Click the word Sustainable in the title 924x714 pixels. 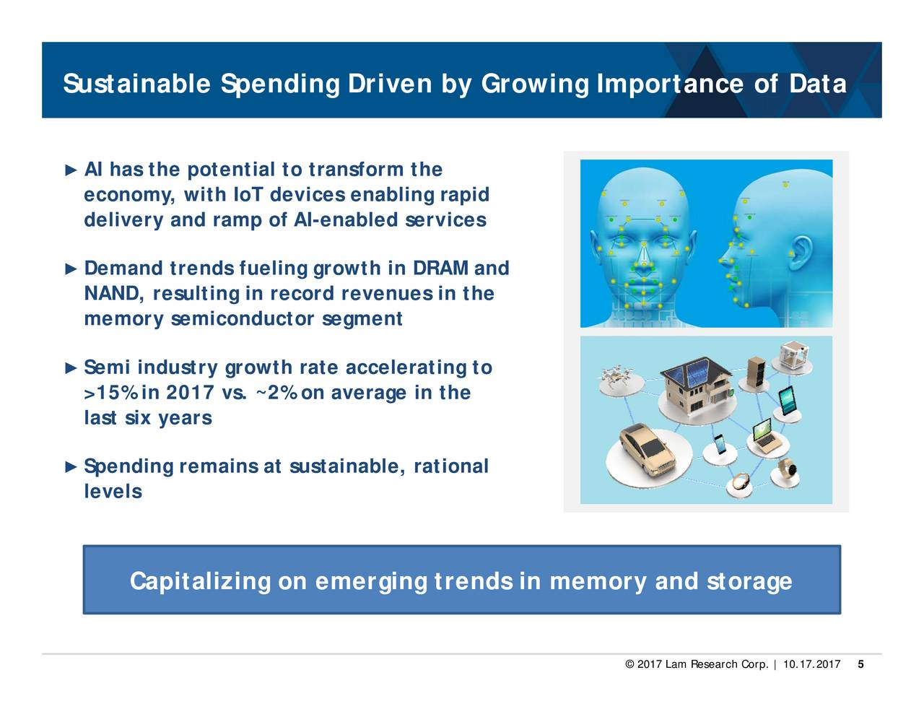(137, 84)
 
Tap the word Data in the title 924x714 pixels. (818, 84)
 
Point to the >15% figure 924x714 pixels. (111, 393)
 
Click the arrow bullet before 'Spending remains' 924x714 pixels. (71, 467)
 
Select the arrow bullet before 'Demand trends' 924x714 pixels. (71, 269)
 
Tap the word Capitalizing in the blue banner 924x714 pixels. (200, 581)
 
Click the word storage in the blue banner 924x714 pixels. (749, 582)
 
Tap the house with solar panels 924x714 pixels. (696, 384)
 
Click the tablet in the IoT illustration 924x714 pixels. (787, 401)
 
